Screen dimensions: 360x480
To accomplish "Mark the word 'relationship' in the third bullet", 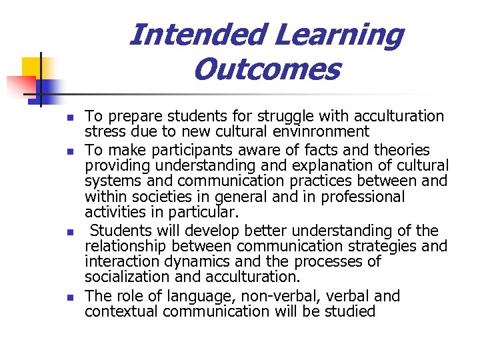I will coord(125,247).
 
